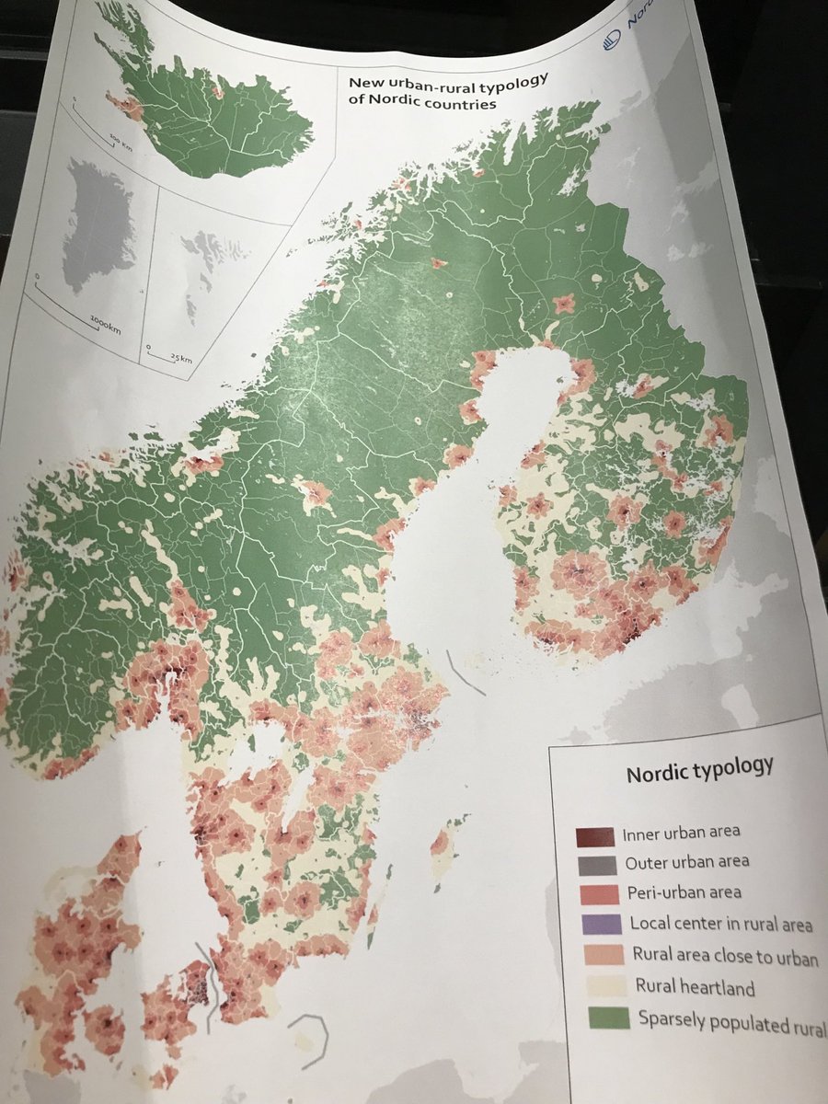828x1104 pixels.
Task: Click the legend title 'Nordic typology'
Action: [x=699, y=769]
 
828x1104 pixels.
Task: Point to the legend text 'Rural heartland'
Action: [x=695, y=988]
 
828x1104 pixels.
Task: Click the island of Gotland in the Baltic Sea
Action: [x=442, y=842]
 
